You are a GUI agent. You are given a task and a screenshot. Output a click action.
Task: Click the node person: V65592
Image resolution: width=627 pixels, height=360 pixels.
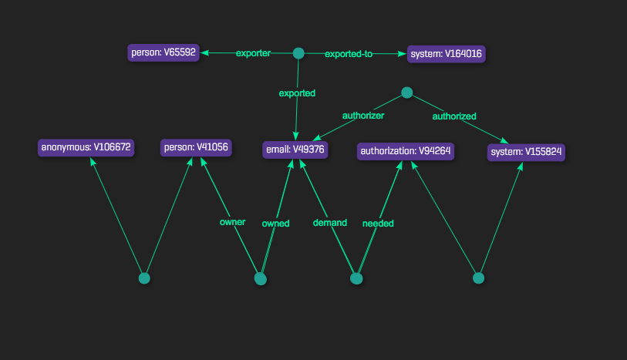(163, 53)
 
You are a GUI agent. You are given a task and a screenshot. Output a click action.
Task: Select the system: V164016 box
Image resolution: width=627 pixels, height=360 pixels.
(446, 53)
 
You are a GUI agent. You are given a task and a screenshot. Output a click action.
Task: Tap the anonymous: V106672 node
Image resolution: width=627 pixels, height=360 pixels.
(86, 146)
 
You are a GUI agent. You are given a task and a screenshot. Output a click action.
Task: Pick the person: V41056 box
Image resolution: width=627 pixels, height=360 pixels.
(196, 146)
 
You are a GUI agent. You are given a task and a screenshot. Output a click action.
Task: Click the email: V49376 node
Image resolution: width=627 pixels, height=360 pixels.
(296, 150)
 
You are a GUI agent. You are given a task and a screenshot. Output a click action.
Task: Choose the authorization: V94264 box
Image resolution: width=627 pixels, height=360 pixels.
(405, 151)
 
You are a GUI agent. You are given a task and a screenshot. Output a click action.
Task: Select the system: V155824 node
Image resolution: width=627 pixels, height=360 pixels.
(527, 152)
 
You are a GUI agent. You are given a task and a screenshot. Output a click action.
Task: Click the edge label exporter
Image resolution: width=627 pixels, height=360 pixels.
(253, 53)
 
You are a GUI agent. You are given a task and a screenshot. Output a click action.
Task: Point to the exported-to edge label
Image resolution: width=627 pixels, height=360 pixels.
(349, 54)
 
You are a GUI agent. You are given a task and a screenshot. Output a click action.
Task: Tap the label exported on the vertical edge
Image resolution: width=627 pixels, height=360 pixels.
(297, 93)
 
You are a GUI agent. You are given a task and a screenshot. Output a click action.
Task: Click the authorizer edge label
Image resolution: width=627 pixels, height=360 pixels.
(363, 116)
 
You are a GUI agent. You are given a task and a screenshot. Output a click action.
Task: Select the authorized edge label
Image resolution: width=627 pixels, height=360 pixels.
(454, 116)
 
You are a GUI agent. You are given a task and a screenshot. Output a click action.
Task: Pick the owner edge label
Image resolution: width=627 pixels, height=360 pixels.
(232, 222)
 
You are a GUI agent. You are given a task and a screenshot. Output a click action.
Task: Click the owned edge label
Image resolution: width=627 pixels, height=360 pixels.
(275, 224)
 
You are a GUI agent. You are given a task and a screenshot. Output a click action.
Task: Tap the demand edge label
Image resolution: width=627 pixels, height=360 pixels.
(329, 223)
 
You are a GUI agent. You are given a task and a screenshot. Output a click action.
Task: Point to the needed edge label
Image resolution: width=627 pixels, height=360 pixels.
(378, 224)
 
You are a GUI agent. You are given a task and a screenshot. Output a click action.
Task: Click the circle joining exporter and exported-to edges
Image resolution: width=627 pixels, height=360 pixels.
(298, 53)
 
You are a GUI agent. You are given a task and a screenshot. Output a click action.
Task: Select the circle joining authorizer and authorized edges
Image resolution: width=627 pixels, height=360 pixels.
(407, 93)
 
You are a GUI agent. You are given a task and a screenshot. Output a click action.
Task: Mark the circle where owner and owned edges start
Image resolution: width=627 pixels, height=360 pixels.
(261, 278)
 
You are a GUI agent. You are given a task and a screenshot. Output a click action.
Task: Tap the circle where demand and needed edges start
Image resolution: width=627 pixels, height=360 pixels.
(356, 278)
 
